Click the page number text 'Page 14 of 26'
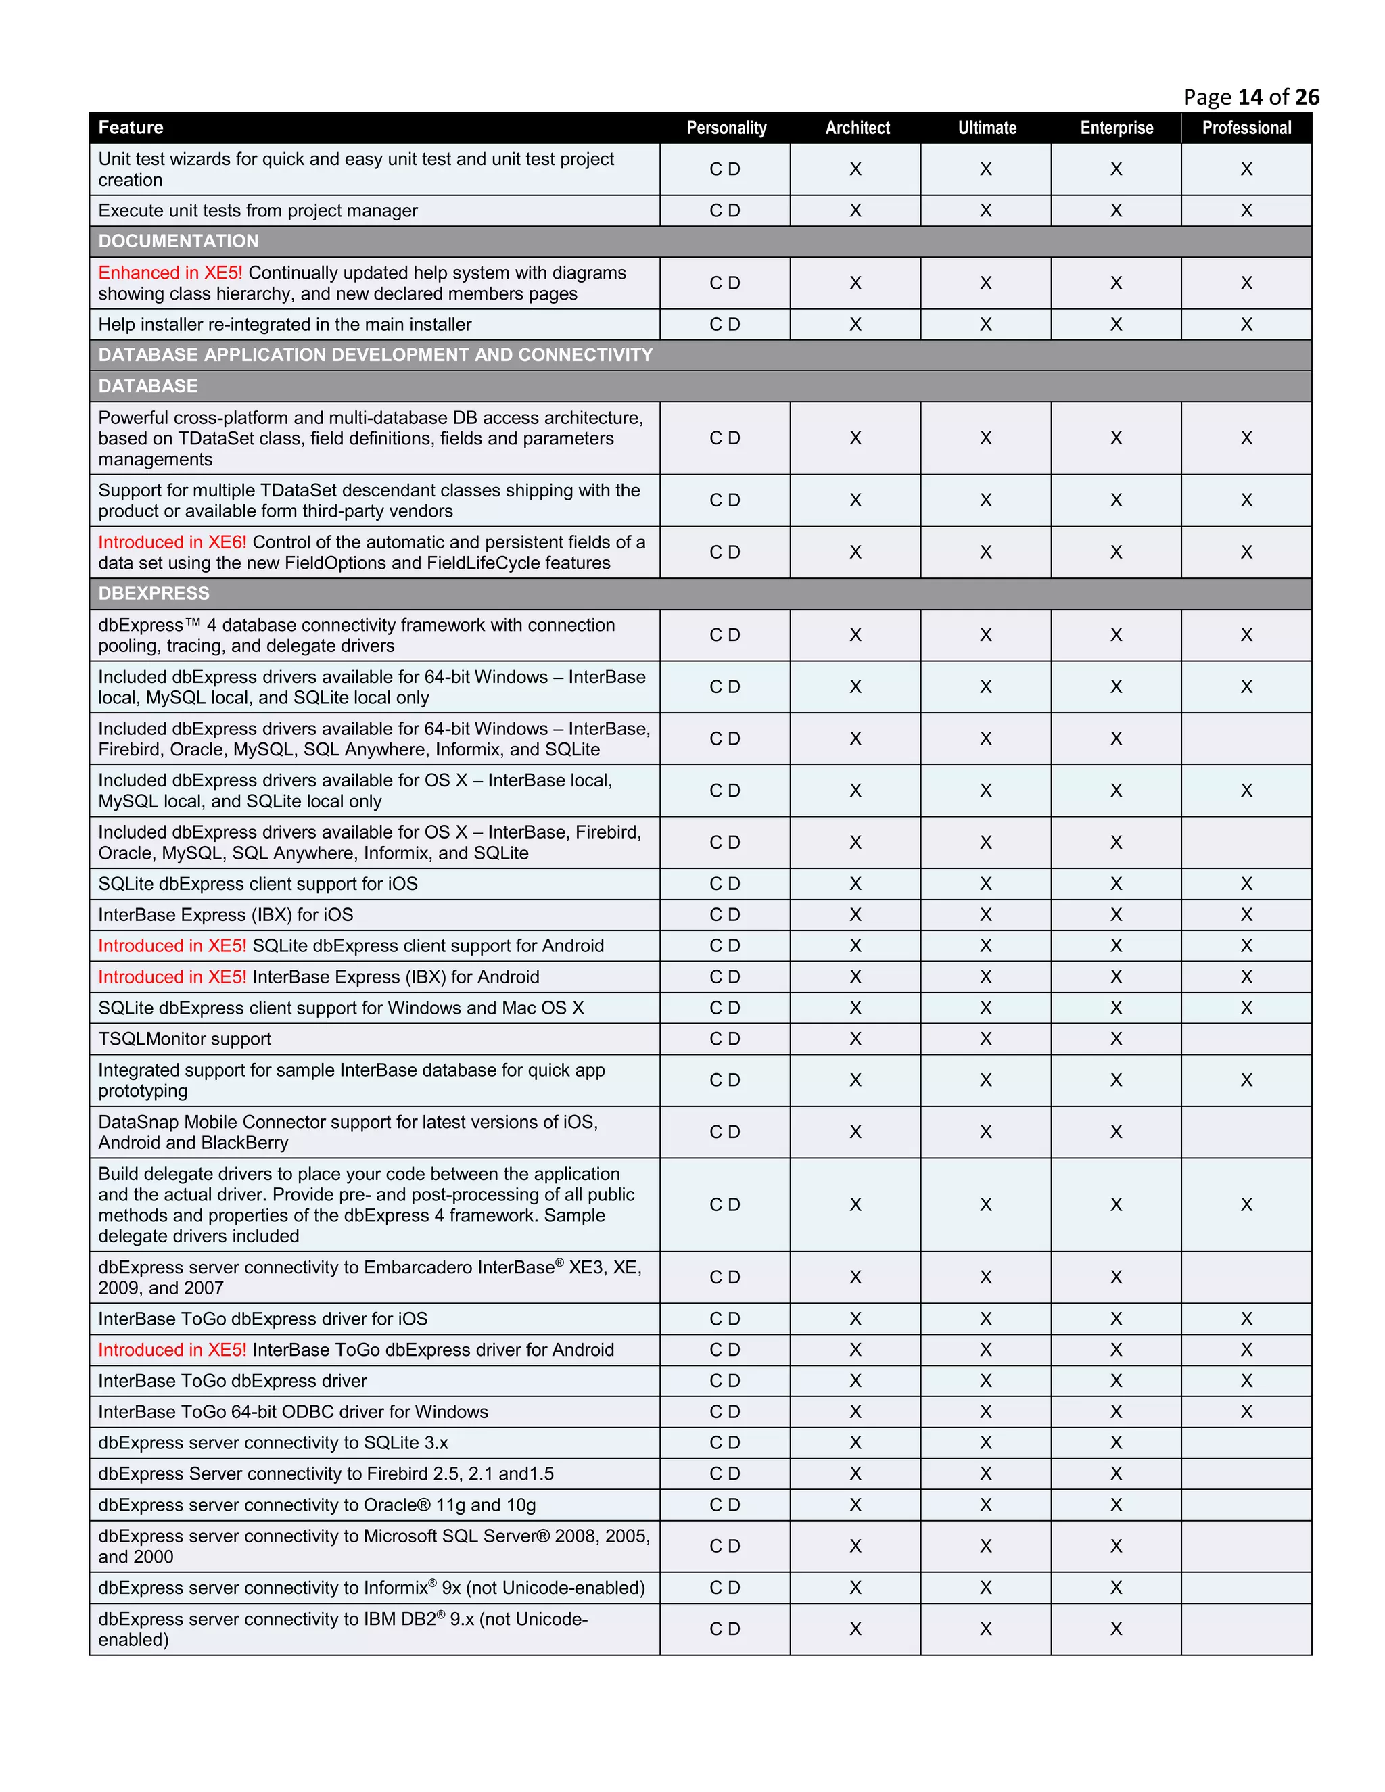(x=1250, y=97)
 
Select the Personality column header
(x=726, y=128)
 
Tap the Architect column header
(x=858, y=128)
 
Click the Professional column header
(x=1246, y=128)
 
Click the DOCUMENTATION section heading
(x=178, y=241)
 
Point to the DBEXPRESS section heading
(x=154, y=593)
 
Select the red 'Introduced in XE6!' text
(x=172, y=542)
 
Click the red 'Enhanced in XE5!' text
(x=170, y=273)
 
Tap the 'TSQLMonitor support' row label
(x=185, y=1039)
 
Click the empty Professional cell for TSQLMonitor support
(x=1246, y=1039)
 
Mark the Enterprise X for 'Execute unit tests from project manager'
(x=1116, y=211)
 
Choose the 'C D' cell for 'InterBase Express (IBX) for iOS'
(x=724, y=915)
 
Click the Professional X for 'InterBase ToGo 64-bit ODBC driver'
(x=1246, y=1412)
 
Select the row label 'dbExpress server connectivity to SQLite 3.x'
(x=273, y=1442)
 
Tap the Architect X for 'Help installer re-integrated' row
(x=855, y=325)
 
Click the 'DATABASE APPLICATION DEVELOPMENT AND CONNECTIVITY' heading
(x=375, y=355)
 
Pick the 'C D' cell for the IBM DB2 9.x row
(x=724, y=1629)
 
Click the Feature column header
(x=131, y=128)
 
